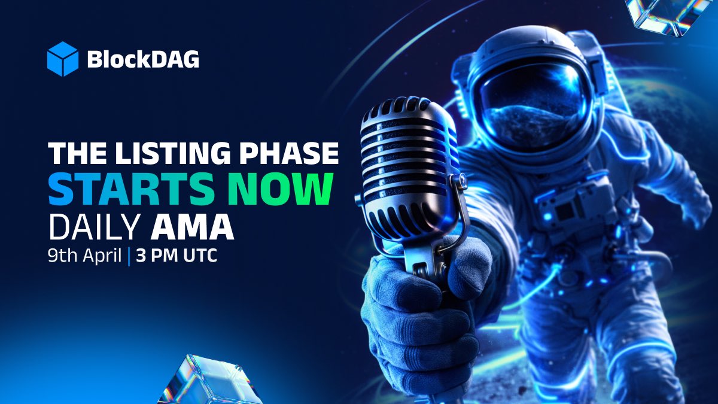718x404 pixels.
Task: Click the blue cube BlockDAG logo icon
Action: click(x=63, y=59)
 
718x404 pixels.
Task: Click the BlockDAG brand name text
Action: click(x=143, y=59)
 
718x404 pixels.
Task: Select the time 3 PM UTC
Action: click(x=176, y=256)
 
